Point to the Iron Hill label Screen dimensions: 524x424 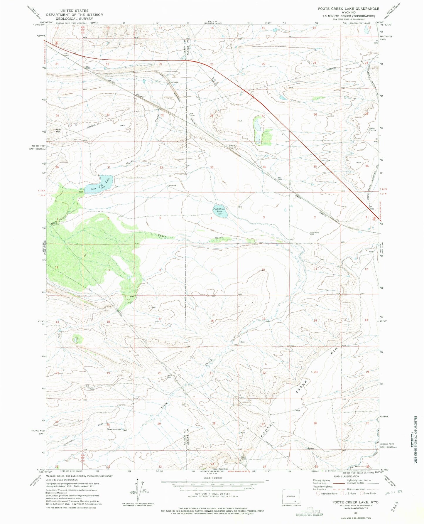click(58, 131)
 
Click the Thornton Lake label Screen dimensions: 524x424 click(114, 429)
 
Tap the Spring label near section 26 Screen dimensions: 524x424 click(311, 448)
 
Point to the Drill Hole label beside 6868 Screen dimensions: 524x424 click(314, 233)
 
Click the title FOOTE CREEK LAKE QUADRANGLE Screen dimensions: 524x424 click(349, 9)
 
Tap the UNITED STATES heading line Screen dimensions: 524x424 click(74, 11)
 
